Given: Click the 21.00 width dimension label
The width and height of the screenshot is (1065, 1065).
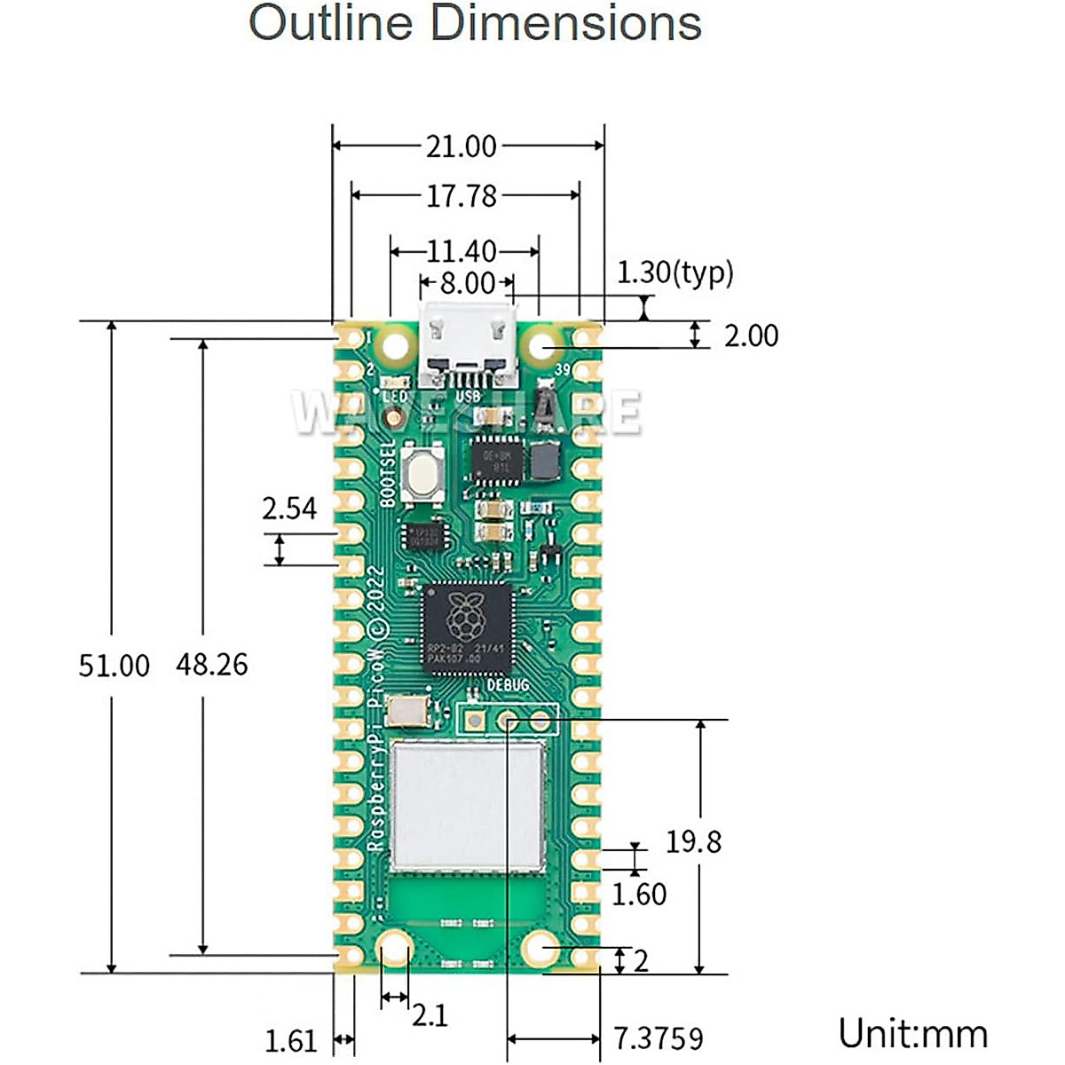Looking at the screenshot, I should tap(461, 146).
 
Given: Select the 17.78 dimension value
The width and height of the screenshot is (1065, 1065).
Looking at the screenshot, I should tap(461, 196).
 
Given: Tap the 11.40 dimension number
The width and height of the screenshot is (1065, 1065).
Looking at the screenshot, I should tap(461, 252).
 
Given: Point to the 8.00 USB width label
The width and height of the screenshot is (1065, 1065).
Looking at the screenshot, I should tap(467, 284).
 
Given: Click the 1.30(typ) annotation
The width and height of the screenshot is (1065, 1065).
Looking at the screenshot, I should tap(675, 272).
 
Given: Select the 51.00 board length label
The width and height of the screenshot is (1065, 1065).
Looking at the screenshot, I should tap(114, 666).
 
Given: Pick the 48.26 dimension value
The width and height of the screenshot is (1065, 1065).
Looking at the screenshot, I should tap(211, 665).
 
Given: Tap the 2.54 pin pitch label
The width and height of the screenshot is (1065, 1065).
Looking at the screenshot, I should tap(289, 509).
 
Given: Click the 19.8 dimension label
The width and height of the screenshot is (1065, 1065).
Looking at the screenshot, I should tap(693, 842).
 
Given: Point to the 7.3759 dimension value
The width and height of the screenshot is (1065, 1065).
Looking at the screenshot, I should tap(659, 1038).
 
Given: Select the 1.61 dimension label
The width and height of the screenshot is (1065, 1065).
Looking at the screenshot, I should tap(291, 1040).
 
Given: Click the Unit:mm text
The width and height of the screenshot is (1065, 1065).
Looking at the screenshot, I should tap(912, 1035).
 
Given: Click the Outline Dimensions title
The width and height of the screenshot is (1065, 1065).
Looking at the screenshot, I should tap(475, 24).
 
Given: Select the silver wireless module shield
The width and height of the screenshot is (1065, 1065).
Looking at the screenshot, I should tap(469, 806).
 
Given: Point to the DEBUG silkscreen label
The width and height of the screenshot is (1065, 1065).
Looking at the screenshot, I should tap(508, 685).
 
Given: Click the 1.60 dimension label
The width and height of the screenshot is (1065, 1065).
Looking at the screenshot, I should tap(639, 895).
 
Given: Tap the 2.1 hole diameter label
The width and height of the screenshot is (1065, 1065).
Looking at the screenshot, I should tap(430, 1014).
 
